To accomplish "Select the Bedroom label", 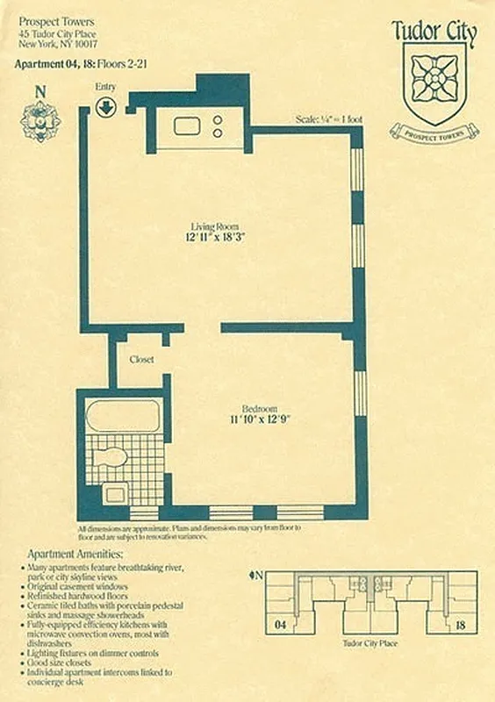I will click(x=260, y=409).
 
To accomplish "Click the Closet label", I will click(x=141, y=360).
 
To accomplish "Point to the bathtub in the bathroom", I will click(x=124, y=416).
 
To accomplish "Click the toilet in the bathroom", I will click(x=112, y=457).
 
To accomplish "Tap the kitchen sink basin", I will click(x=187, y=126).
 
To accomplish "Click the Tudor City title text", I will click(x=434, y=33).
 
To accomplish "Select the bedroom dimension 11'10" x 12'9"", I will click(x=260, y=420).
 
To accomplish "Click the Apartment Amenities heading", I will click(x=75, y=555).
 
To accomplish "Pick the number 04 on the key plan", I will click(x=280, y=626).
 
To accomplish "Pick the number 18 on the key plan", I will click(x=460, y=626).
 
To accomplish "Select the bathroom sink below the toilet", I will click(x=114, y=494).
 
